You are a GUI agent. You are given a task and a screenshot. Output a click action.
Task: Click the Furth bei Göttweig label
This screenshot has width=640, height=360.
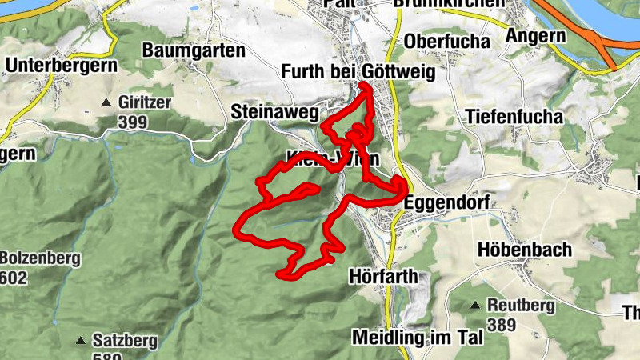pyautogui.click(x=358, y=73)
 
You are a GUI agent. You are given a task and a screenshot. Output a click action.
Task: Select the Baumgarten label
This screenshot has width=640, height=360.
pyautogui.click(x=194, y=50)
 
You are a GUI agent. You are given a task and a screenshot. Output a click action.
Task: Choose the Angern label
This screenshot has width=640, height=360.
pyautogui.click(x=535, y=36)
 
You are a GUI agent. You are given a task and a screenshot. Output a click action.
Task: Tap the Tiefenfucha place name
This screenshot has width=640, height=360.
pyautogui.click(x=514, y=117)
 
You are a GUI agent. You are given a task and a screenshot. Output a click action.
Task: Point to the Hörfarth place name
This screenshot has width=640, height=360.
pyautogui.click(x=384, y=277)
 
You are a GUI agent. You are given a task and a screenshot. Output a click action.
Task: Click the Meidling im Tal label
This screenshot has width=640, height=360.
pyautogui.click(x=418, y=338)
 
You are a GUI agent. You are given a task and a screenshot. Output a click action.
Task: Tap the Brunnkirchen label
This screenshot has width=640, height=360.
pyautogui.click(x=449, y=3)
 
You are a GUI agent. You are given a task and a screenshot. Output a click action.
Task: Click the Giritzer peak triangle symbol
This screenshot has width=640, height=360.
pyautogui.click(x=106, y=102)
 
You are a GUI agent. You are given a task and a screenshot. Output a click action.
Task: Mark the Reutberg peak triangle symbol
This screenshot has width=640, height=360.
pyautogui.click(x=475, y=305)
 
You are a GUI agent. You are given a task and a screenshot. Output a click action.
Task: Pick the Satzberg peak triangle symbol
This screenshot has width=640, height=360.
pyautogui.click(x=81, y=341)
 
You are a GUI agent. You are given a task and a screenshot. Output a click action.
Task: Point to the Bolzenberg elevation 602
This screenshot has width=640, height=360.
pyautogui.click(x=14, y=278)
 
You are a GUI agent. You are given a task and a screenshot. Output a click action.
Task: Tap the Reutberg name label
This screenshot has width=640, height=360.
pyautogui.click(x=521, y=305)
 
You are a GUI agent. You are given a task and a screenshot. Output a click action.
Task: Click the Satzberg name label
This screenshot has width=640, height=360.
pyautogui.click(x=126, y=342)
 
